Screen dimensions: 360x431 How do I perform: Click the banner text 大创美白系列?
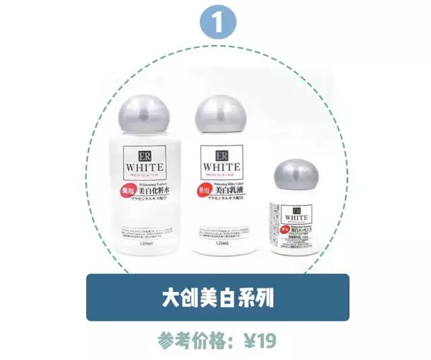click(218, 297)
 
